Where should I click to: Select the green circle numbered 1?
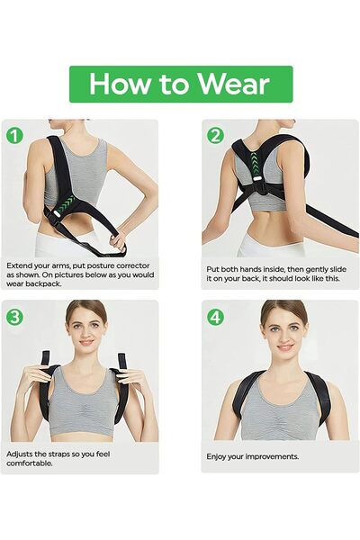pos(14,135)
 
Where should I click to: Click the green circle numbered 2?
pos(215,136)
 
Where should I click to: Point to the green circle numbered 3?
pos(14,317)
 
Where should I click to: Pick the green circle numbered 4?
pos(215,317)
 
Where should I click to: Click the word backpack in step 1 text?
pos(46,284)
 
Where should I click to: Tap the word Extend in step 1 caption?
pos(18,265)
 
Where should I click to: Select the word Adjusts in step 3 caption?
pos(19,454)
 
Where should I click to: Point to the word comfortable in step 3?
pos(30,463)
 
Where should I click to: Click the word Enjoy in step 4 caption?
pos(216,457)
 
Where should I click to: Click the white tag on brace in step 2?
pos(257,179)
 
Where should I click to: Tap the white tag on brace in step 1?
pos(55,214)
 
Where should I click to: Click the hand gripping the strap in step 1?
pos(119,240)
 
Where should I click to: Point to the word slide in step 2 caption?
pos(338,269)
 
